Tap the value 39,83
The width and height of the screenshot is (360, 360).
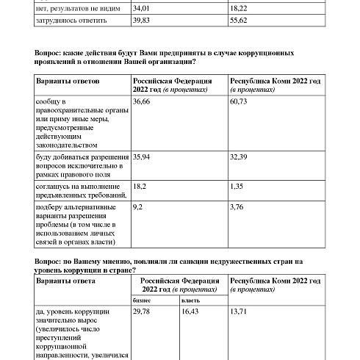tap(143, 21)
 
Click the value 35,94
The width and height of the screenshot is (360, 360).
tap(144, 157)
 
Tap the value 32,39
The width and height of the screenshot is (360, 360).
tap(240, 157)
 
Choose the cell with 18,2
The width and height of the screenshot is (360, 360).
tap(141, 187)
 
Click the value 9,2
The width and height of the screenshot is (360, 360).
tap(138, 208)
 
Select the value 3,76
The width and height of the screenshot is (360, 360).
tap(237, 208)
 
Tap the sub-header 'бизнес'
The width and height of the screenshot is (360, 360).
tap(142, 300)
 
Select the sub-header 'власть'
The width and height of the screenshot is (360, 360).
tap(190, 300)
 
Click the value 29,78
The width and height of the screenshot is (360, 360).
tap(143, 312)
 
